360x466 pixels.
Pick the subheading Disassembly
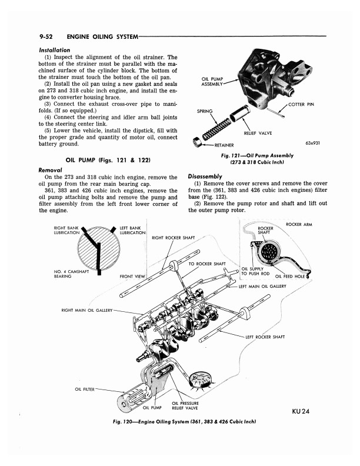[204, 176]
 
